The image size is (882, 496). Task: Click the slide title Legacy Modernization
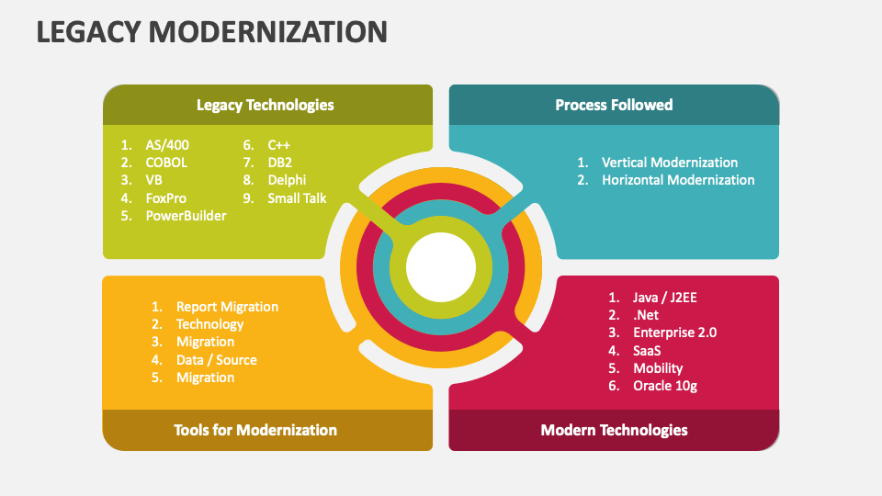point(212,31)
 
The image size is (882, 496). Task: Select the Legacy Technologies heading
point(265,105)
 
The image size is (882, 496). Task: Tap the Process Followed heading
point(614,105)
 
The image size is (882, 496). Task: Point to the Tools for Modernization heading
point(255,430)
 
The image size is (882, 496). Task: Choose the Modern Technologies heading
point(615,430)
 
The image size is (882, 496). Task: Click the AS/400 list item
point(167,145)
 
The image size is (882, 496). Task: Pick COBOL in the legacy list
point(166,163)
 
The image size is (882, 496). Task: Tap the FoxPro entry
point(166,198)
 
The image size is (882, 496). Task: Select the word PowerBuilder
point(187,216)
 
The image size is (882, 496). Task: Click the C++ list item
point(279,145)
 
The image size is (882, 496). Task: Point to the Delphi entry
point(287,180)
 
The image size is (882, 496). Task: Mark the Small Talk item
point(297,198)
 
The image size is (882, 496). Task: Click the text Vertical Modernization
point(670,163)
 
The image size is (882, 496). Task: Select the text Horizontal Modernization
point(678,180)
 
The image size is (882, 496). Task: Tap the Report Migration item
point(227,307)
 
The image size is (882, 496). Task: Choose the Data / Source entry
point(217,360)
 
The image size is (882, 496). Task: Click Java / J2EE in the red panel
point(665,298)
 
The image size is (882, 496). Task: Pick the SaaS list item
point(647,351)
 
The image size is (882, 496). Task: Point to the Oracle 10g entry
point(665,386)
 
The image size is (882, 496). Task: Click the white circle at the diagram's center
point(441,267)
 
